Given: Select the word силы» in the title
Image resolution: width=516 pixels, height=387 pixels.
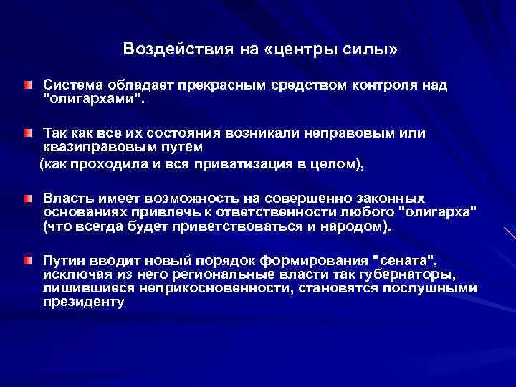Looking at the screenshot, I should [371, 49].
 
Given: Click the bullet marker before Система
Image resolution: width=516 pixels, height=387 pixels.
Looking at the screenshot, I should [27, 86].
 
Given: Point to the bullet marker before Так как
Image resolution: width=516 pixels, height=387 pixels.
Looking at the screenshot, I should [27, 134].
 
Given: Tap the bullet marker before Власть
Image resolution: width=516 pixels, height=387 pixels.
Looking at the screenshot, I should [27, 198].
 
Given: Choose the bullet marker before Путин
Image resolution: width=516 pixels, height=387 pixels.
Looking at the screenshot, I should [27, 259].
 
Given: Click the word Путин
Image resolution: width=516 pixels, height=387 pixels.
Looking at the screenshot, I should [62, 259].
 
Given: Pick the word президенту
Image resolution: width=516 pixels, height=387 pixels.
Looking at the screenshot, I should [84, 302].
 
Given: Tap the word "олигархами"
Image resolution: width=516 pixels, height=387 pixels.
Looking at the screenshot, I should [93, 100].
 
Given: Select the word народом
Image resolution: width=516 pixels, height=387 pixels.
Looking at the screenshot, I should [353, 226].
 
